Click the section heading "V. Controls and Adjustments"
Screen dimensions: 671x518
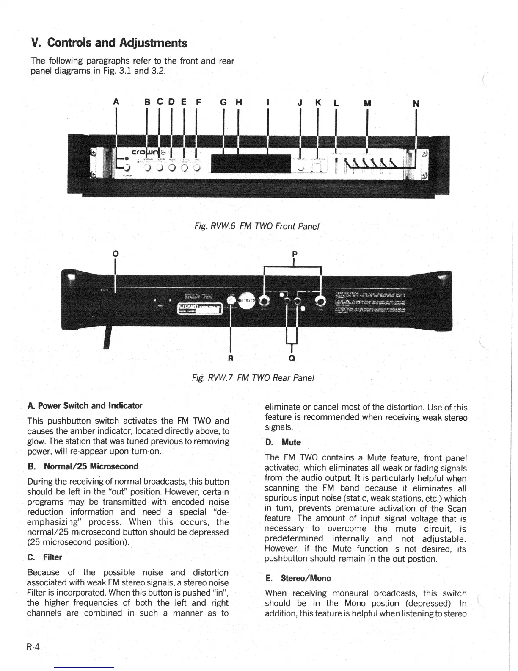pyautogui.click(x=109, y=43)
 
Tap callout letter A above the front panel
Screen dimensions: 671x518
pyautogui.click(x=116, y=103)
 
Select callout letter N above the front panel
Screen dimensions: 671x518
pyautogui.click(x=416, y=103)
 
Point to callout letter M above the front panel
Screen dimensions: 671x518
pyautogui.click(x=367, y=103)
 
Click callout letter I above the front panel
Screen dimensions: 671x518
pyautogui.click(x=267, y=103)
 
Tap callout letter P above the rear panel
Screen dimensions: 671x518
pyautogui.click(x=295, y=254)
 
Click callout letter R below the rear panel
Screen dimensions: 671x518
pyautogui.click(x=231, y=358)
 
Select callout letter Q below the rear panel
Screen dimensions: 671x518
pyautogui.click(x=292, y=358)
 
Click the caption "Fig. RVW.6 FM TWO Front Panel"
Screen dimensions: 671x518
pyautogui.click(x=256, y=226)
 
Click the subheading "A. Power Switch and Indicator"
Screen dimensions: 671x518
pyautogui.click(x=85, y=405)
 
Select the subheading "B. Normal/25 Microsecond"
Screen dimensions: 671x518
pyautogui.click(x=83, y=466)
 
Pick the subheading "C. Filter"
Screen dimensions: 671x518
pyautogui.click(x=44, y=557)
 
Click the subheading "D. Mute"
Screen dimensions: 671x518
pyautogui.click(x=283, y=442)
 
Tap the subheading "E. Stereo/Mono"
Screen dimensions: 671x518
pyautogui.click(x=298, y=578)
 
